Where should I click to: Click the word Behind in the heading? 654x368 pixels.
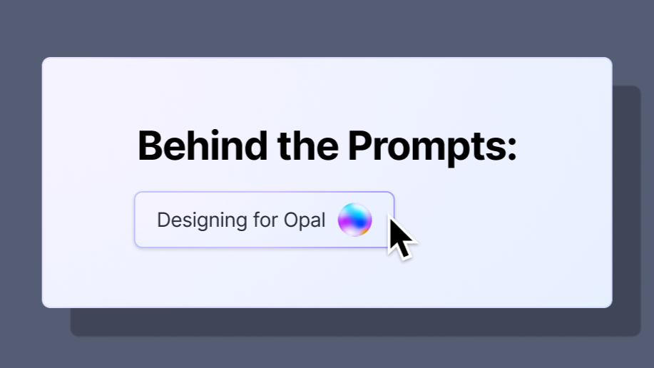203,145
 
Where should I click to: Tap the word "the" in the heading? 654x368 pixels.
308,145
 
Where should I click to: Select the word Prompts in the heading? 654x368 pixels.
426,148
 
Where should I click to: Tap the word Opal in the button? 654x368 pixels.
305,220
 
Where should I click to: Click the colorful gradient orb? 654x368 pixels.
355,220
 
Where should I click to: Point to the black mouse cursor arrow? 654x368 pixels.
402,237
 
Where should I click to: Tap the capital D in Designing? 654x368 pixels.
164,220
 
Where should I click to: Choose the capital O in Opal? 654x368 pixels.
291,220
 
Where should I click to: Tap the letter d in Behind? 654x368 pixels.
255,145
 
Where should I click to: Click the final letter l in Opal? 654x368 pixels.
324,220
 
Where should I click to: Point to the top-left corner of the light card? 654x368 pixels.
42,58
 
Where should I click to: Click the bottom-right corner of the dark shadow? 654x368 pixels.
640,336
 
